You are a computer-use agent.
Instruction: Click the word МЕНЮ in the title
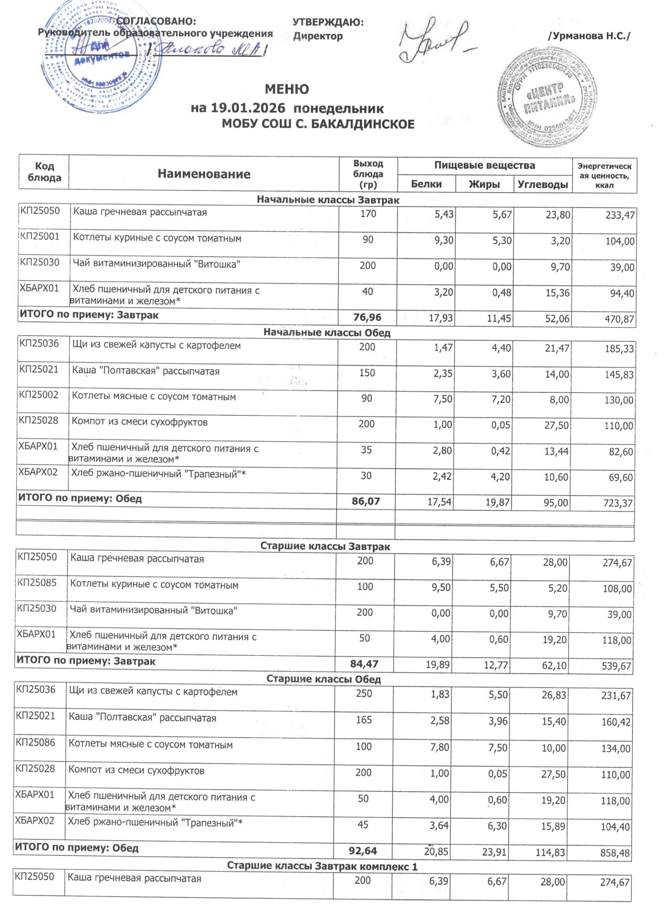(287, 89)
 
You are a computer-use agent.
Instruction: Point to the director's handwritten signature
(433, 41)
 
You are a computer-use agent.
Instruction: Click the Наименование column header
(204, 174)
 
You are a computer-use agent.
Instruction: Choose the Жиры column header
(484, 184)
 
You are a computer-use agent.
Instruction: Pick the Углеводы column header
(543, 185)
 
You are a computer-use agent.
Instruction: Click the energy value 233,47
(620, 215)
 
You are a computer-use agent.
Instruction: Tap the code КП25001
(40, 237)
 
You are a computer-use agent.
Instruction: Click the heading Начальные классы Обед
(327, 332)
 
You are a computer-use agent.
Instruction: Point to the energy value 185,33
(619, 349)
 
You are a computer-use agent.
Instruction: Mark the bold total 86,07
(366, 501)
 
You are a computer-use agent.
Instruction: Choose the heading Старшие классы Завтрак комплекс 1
(322, 866)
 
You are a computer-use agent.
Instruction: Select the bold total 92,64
(363, 851)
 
